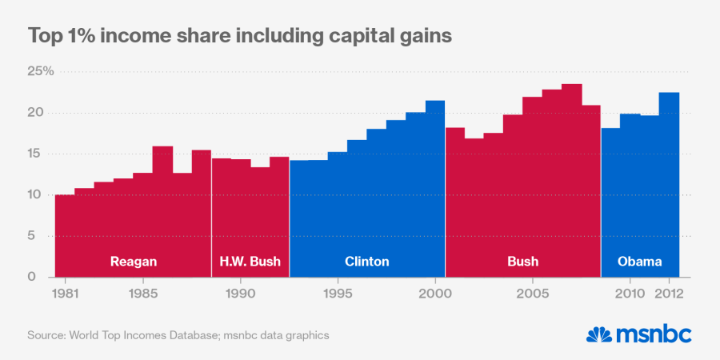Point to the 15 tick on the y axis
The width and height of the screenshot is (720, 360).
click(41, 154)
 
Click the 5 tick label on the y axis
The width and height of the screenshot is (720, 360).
click(44, 236)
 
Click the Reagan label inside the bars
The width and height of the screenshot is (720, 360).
click(133, 262)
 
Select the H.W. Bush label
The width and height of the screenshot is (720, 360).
click(250, 262)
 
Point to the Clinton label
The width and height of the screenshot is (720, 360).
click(366, 262)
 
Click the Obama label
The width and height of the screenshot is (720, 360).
click(640, 262)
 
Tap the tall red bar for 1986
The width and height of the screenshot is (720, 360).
click(162, 208)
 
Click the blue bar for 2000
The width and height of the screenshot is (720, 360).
click(435, 184)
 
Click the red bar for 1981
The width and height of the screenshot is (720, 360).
click(65, 232)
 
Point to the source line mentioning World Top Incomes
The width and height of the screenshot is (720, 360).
click(178, 334)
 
